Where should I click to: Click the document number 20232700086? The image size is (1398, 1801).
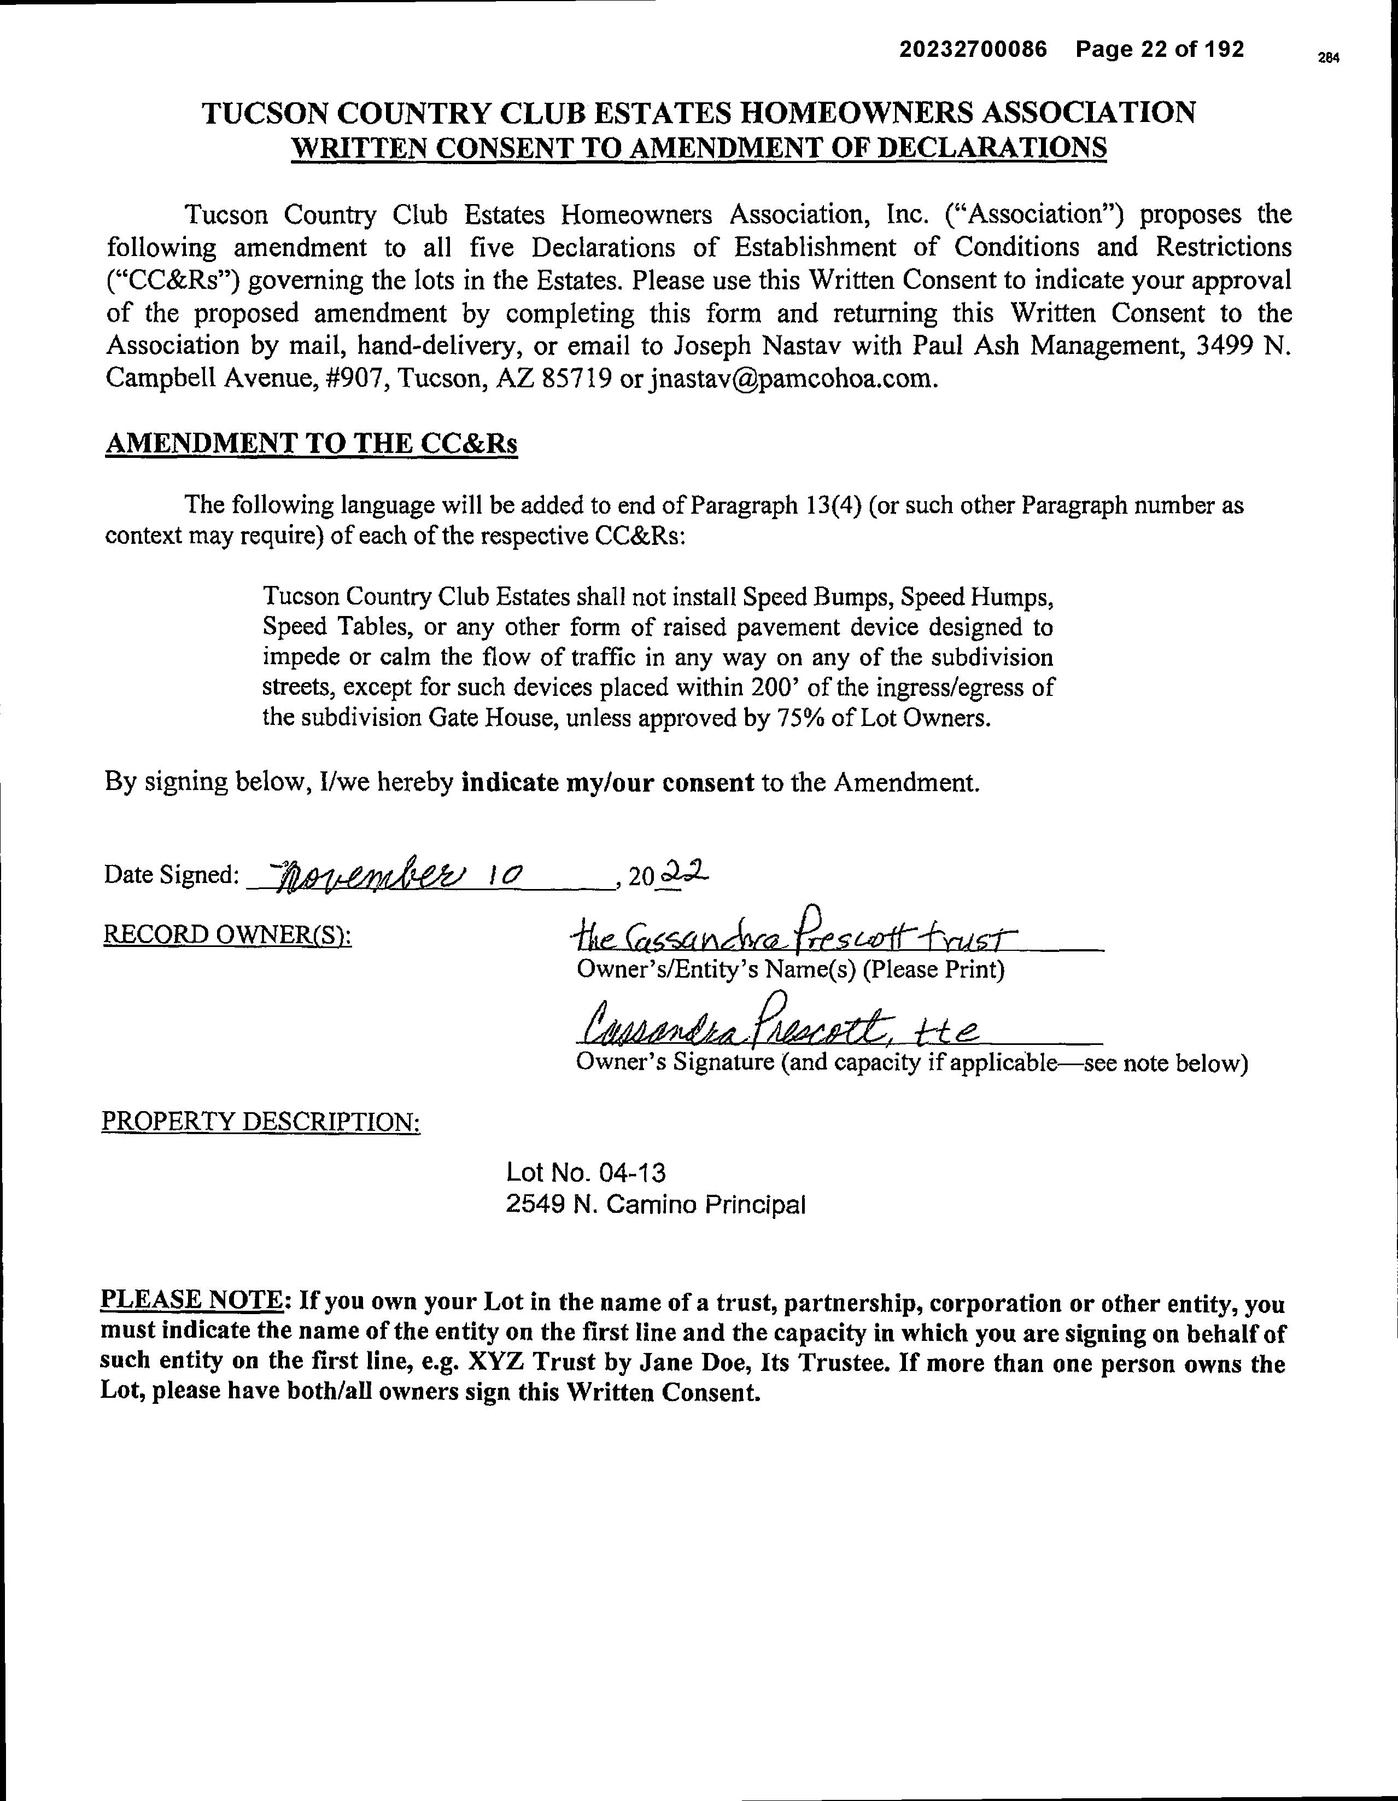pyautogui.click(x=973, y=50)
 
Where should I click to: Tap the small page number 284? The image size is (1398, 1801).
pyautogui.click(x=1328, y=58)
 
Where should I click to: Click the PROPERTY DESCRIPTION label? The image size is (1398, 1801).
pyautogui.click(x=260, y=1122)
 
